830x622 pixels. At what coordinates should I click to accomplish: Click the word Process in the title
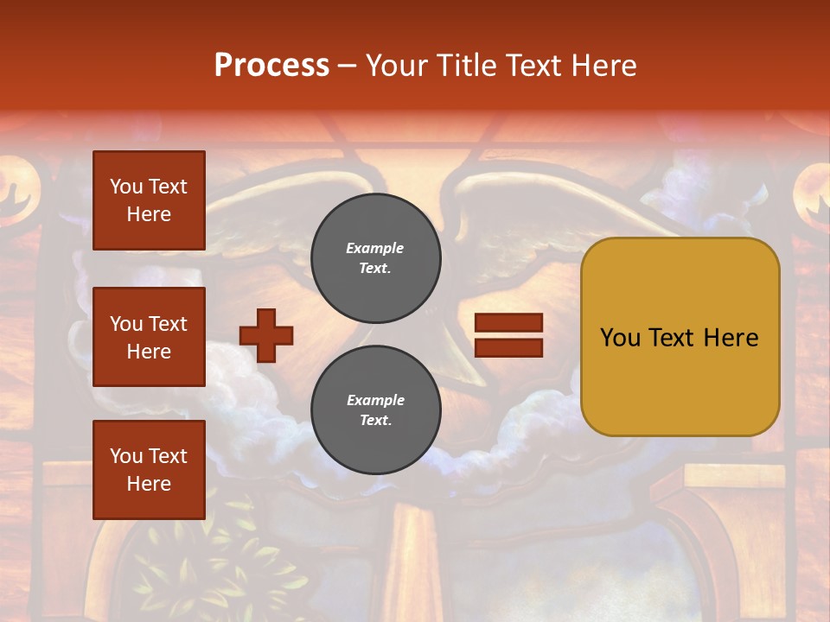click(x=271, y=66)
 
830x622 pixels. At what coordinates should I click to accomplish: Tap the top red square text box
click(x=149, y=200)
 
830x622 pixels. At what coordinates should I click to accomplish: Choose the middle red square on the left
click(x=149, y=337)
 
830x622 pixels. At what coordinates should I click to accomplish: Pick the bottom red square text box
click(x=149, y=470)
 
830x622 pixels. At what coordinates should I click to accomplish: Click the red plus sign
click(x=266, y=335)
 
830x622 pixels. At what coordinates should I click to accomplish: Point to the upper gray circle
click(x=375, y=258)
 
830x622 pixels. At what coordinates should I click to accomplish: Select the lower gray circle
click(x=375, y=410)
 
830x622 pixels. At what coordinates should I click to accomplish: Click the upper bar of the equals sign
click(x=508, y=323)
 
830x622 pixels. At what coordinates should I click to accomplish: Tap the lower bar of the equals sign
click(x=508, y=347)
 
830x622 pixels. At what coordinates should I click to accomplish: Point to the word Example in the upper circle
click(x=374, y=249)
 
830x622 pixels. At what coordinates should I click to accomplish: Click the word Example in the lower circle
click(x=375, y=401)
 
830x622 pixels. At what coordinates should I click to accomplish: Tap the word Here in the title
click(x=604, y=66)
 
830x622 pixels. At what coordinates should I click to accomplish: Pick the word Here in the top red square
click(x=149, y=214)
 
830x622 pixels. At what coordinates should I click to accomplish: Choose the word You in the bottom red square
click(x=126, y=456)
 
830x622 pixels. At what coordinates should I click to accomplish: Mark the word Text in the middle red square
click(x=168, y=324)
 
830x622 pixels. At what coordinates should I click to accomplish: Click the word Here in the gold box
click(x=731, y=338)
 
